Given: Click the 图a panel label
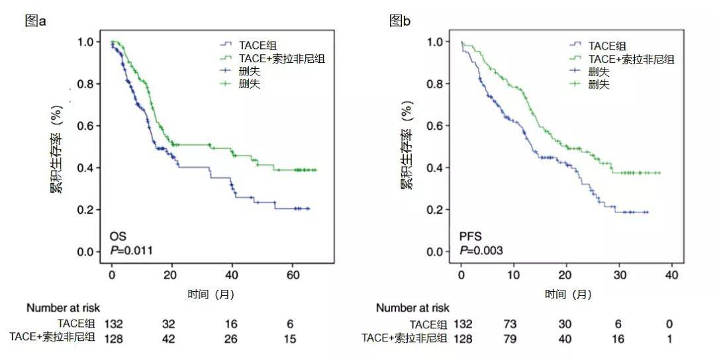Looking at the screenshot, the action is click(36, 21).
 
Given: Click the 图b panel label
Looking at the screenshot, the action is click(400, 21).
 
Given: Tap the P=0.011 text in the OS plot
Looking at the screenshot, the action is click(131, 250).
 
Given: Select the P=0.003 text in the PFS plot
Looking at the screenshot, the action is click(481, 250).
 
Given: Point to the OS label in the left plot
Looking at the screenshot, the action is click(118, 236).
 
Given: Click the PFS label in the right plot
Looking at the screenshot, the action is click(471, 236).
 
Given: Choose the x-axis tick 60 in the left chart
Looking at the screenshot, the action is click(293, 275).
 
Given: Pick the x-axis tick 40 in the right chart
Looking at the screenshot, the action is click(672, 275).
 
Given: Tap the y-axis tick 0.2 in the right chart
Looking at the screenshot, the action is click(435, 210).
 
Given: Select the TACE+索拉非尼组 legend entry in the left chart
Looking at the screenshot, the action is click(272, 58).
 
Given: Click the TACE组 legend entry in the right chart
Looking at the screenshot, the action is click(598, 46).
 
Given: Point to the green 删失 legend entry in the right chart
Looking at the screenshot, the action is click(589, 84).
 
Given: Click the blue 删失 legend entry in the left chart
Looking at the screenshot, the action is click(240, 71).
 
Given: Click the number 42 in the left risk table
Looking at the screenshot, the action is click(169, 339).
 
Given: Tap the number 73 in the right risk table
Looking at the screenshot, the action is click(510, 324).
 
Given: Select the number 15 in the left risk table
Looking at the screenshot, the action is click(289, 339).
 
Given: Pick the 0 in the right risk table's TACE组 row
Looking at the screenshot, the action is click(669, 324).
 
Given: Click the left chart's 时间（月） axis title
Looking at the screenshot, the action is click(211, 294).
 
